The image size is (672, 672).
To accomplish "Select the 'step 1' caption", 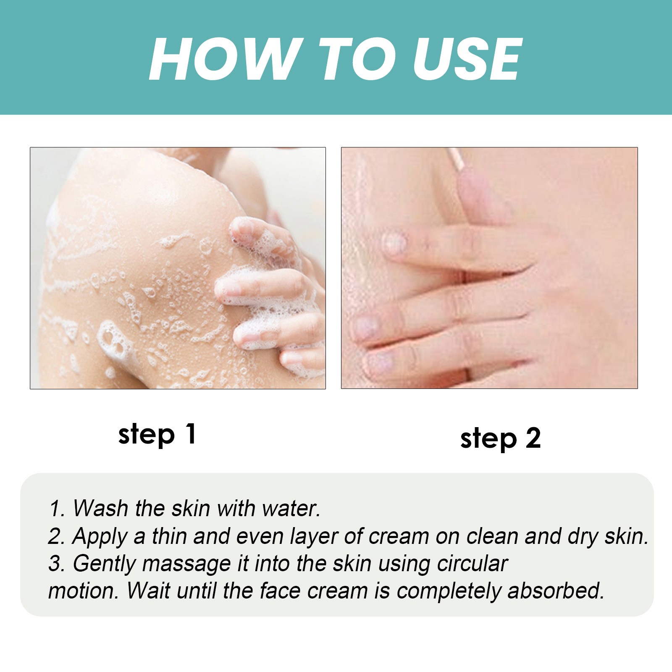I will (157, 434).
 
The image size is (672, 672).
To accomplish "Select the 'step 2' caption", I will (500, 439).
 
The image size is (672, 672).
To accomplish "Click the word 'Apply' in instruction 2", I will (100, 536).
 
